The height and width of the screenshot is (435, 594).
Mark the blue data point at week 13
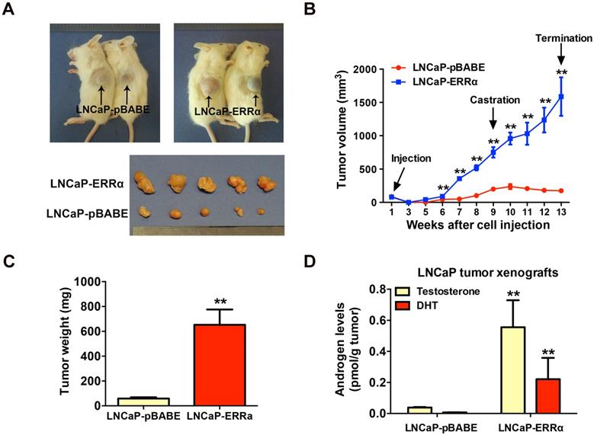562,97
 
